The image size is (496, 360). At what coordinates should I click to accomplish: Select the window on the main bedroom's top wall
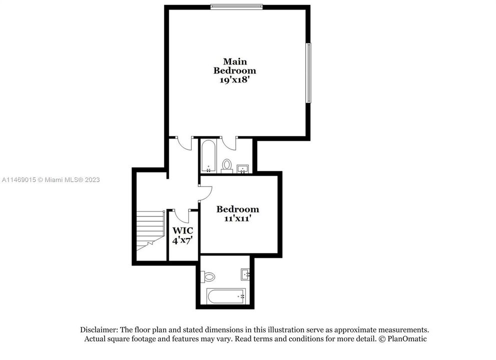click(236, 6)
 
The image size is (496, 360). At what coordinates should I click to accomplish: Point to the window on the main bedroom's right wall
click(309, 73)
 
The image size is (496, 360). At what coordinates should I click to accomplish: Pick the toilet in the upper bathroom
click(227, 165)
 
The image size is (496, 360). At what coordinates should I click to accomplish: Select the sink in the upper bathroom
click(243, 168)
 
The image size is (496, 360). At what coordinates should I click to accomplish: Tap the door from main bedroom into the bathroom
click(230, 143)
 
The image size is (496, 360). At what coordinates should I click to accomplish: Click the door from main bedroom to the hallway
click(185, 143)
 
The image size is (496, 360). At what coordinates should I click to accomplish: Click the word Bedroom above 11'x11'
click(237, 209)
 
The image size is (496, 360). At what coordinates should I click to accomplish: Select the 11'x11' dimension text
click(237, 218)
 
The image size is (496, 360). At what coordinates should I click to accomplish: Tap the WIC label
click(182, 231)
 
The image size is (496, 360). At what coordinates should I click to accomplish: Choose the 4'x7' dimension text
click(183, 240)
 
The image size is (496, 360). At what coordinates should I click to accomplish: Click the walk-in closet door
click(181, 215)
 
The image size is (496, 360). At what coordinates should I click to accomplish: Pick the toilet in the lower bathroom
click(208, 276)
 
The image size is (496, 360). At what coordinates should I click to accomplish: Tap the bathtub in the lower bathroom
click(226, 296)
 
